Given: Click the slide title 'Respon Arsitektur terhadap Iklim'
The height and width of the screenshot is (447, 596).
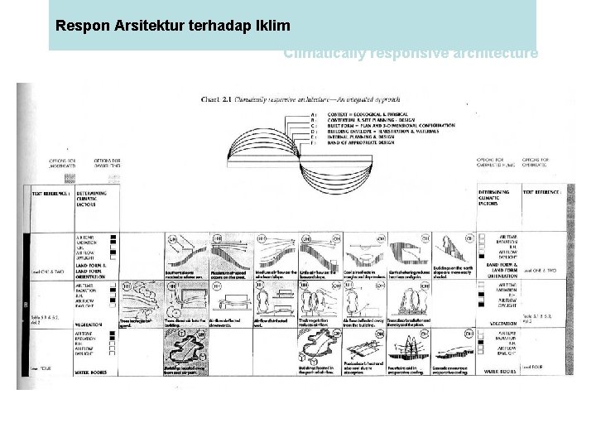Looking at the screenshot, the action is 171,25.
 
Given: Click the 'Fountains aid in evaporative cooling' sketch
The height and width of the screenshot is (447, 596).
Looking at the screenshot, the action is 409,348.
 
